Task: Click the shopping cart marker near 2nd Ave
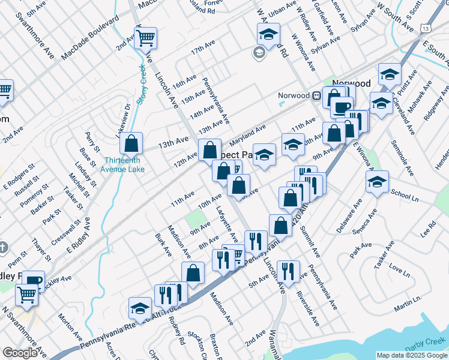point(146,38)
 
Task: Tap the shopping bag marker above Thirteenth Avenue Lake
point(130,143)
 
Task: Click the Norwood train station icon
point(316,95)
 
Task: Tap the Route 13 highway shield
point(425,28)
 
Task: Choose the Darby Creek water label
point(423,347)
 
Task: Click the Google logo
point(20,353)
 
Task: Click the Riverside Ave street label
point(307,308)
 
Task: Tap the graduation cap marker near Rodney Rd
point(140,308)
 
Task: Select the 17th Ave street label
point(203,49)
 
